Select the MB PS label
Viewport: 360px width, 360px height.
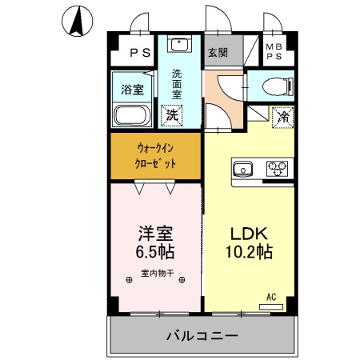point(274,52)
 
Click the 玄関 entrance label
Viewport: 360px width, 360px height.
point(218,53)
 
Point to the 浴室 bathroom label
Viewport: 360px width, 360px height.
point(132,89)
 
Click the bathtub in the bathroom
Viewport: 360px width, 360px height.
point(131,115)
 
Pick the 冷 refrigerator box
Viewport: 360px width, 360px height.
point(282,116)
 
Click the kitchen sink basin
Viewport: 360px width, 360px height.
point(243,168)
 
